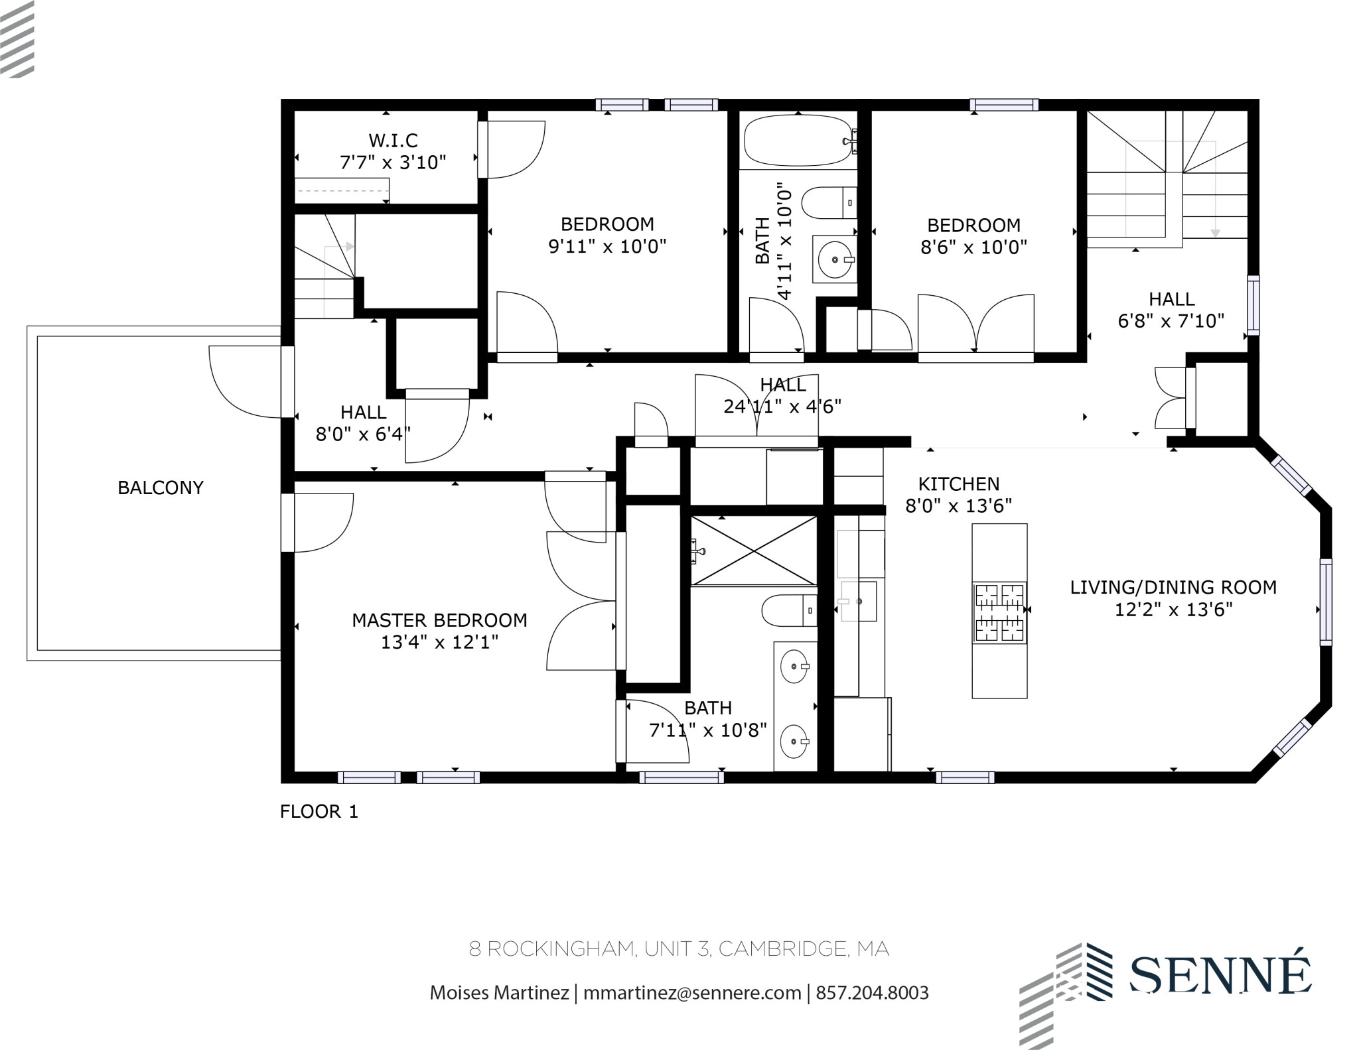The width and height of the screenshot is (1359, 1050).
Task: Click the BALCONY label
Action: pyautogui.click(x=160, y=488)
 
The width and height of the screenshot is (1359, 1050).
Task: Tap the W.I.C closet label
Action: pyautogui.click(x=393, y=141)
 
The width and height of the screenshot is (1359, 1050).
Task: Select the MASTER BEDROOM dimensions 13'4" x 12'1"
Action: pyautogui.click(x=439, y=642)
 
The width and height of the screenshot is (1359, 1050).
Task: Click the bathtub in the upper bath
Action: pyautogui.click(x=797, y=141)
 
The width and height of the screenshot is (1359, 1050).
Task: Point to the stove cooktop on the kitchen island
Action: pyautogui.click(x=999, y=612)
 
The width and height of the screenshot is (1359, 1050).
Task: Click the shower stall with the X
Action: pyautogui.click(x=754, y=551)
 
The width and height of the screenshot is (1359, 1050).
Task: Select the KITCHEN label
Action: pyautogui.click(x=958, y=484)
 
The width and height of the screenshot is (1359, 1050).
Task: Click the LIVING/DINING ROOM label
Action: pyautogui.click(x=1173, y=587)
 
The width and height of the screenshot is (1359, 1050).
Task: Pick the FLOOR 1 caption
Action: pyautogui.click(x=319, y=811)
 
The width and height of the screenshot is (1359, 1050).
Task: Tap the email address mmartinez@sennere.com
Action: pyautogui.click(x=691, y=993)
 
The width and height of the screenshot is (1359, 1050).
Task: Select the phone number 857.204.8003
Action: pyautogui.click(x=872, y=993)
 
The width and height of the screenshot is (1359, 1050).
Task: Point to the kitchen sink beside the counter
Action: pyautogui.click(x=859, y=601)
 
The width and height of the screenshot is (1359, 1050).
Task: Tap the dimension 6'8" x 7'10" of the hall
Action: pyautogui.click(x=1171, y=321)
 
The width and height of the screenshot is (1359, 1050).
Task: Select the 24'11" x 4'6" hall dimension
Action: pyautogui.click(x=782, y=406)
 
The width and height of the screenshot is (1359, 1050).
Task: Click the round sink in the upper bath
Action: pyautogui.click(x=833, y=260)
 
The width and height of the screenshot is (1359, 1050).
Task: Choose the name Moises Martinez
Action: pyautogui.click(x=499, y=993)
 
